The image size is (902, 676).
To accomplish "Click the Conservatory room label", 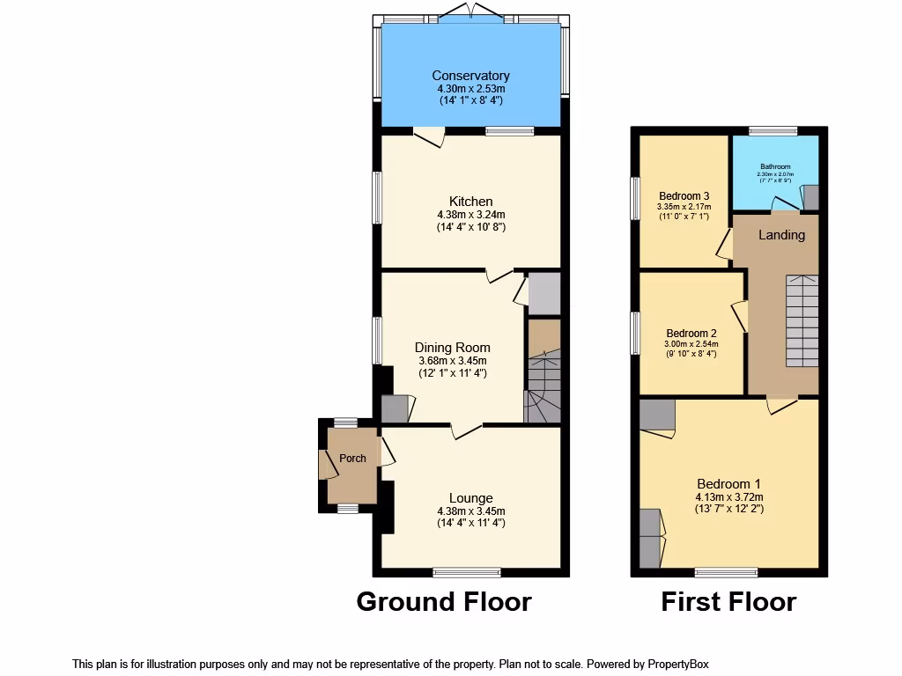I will click(x=470, y=76).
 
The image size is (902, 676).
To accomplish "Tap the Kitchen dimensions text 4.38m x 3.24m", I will click(x=470, y=214).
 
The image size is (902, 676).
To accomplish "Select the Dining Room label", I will click(x=452, y=348).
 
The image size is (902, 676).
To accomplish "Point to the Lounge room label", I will click(x=470, y=498).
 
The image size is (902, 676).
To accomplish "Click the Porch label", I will click(x=352, y=459).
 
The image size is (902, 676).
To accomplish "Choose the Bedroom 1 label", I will click(x=728, y=484).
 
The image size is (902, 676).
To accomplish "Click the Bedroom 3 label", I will click(x=684, y=196).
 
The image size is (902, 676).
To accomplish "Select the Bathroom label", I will click(x=775, y=166).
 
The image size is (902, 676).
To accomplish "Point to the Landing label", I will click(x=781, y=235).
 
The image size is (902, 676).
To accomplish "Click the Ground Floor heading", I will click(x=443, y=602).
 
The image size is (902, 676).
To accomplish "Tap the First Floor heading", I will click(x=728, y=602).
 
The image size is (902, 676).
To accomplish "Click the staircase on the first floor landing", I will click(x=802, y=320).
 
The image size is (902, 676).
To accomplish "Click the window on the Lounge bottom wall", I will click(x=467, y=572).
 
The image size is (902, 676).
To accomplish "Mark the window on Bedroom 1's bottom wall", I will click(x=726, y=572).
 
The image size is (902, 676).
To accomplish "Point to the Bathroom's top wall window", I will click(x=773, y=131).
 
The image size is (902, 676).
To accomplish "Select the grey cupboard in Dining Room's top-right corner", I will click(x=543, y=293).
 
